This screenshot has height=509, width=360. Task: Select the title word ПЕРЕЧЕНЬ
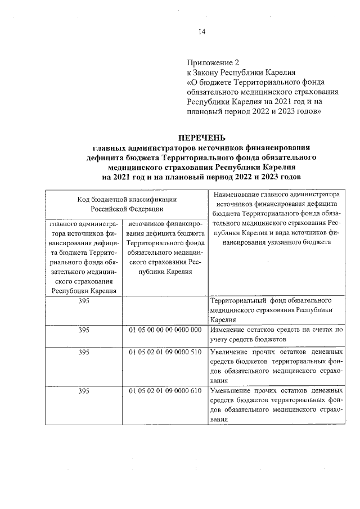coord(202,137)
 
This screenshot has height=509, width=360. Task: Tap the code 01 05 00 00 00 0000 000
coord(165,330)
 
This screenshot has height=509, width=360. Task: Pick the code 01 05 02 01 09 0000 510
coord(165,352)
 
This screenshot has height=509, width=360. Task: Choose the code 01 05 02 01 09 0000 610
coord(165,390)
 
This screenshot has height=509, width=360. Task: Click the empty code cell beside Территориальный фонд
coord(165,310)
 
